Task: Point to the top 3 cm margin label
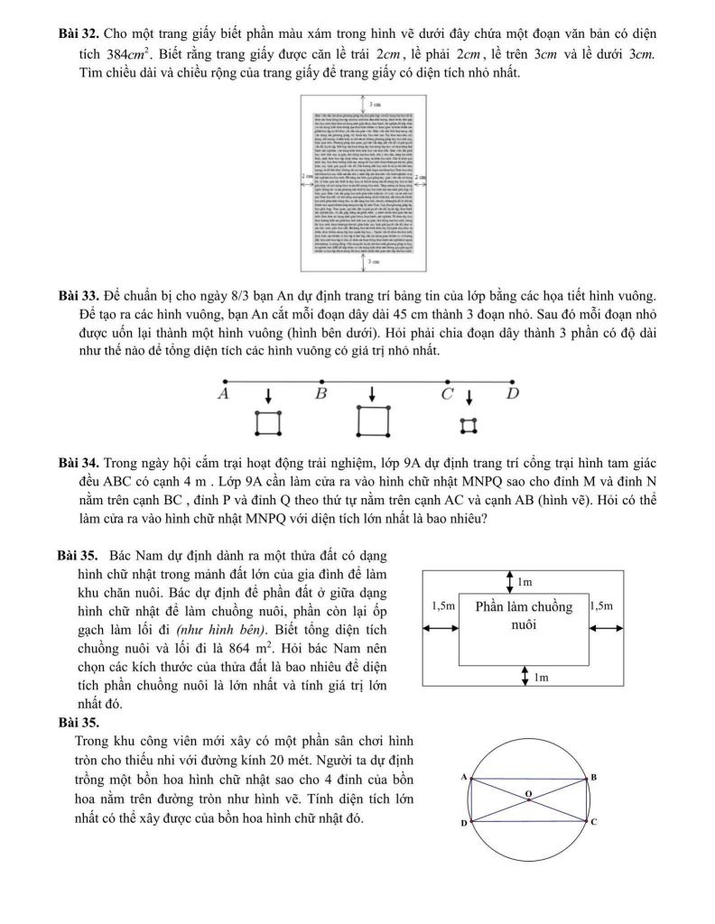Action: click(373, 106)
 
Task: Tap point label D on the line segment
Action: click(513, 394)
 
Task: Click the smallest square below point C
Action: click(468, 424)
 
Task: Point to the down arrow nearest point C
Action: click(469, 398)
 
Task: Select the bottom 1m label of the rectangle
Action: click(541, 677)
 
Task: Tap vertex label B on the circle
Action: click(593, 777)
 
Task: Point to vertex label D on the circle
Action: click(463, 823)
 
